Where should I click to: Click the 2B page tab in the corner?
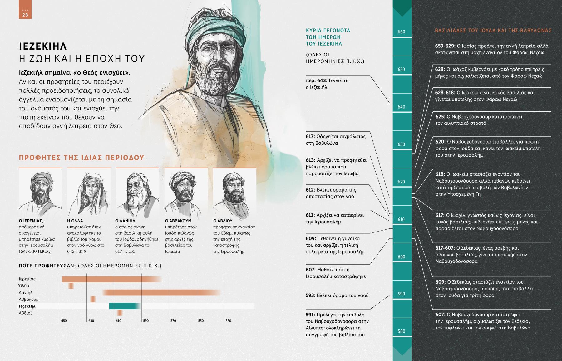pyautogui.click(x=25, y=12)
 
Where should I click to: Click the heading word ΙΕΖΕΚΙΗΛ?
pyautogui.click(x=43, y=46)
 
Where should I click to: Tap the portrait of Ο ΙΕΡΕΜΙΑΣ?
pyautogui.click(x=40, y=192)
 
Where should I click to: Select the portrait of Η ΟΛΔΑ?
pyautogui.click(x=89, y=192)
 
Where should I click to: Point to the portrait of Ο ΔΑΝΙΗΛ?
pyautogui.click(x=137, y=192)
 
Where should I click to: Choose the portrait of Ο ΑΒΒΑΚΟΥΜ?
pyautogui.click(x=186, y=192)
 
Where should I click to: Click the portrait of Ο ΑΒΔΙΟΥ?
pyautogui.click(x=234, y=192)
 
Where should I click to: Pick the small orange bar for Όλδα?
pyautogui.click(x=71, y=286)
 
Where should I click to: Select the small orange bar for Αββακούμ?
pyautogui.click(x=93, y=299)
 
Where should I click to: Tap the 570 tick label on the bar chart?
pyautogui.click(x=173, y=321)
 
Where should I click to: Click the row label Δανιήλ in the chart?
pyautogui.click(x=26, y=293)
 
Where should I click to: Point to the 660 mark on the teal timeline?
pyautogui.click(x=402, y=32)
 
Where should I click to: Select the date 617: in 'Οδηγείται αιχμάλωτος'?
pyautogui.click(x=310, y=137)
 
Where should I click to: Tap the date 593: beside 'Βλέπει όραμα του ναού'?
pyautogui.click(x=310, y=295)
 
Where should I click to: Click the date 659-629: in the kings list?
pyautogui.click(x=445, y=46)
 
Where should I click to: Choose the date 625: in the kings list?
pyautogui.click(x=440, y=117)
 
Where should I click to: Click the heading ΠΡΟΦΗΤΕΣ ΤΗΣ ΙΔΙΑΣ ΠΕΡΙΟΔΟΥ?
pyautogui.click(x=81, y=158)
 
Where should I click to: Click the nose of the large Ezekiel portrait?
pyautogui.click(x=215, y=59)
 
